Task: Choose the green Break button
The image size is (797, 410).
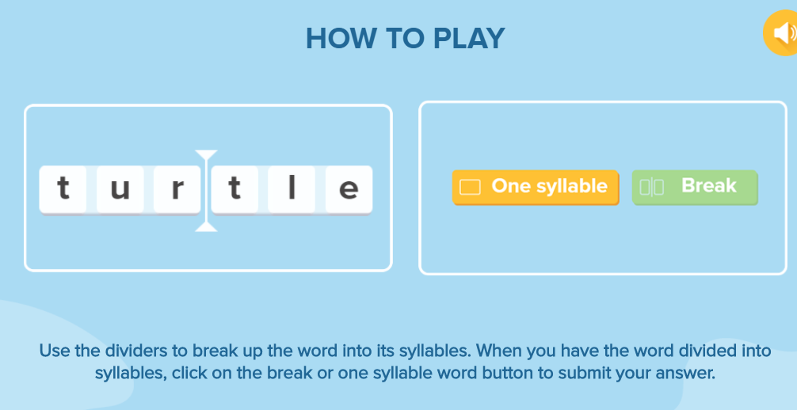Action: [695, 188]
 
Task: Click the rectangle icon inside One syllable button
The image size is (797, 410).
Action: [470, 187]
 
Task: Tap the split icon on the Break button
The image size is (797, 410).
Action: [652, 187]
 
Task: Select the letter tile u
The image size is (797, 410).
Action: [120, 189]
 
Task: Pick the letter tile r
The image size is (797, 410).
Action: [177, 189]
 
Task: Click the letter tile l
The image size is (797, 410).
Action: [292, 189]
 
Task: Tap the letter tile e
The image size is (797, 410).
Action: [349, 189]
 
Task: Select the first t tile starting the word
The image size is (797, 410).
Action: [63, 189]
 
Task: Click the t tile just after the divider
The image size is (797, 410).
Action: [235, 189]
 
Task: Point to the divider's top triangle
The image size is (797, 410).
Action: [206, 154]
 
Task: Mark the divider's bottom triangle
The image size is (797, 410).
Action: [206, 226]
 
